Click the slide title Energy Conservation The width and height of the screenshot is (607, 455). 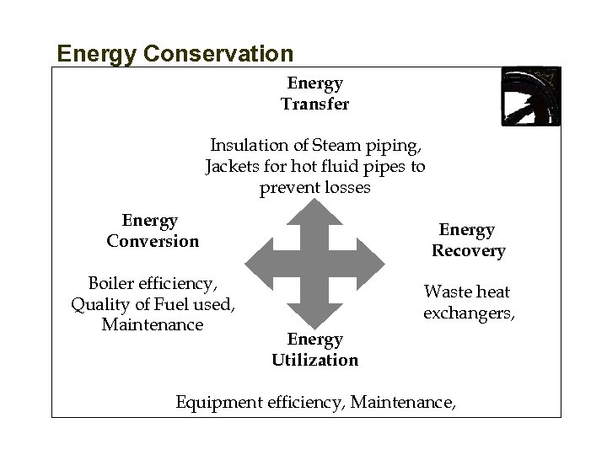[175, 54]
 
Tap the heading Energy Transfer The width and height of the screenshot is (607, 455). [314, 94]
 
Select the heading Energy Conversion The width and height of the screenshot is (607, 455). [153, 231]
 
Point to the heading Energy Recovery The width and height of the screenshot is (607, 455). [468, 240]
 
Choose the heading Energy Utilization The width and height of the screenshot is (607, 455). [314, 350]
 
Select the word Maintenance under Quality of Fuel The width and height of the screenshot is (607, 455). [153, 324]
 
